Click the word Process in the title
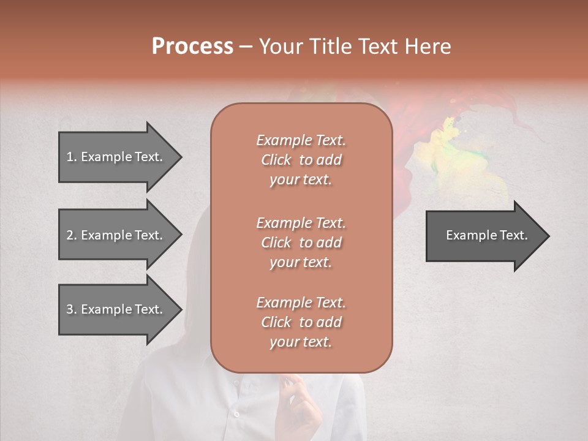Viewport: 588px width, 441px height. pyautogui.click(x=192, y=47)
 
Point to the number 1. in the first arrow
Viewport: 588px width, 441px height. pyautogui.click(x=71, y=157)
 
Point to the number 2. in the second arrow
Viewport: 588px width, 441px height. pyautogui.click(x=71, y=235)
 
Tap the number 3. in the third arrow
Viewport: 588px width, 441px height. pyautogui.click(x=71, y=309)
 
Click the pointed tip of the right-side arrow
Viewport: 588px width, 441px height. pyautogui.click(x=547, y=236)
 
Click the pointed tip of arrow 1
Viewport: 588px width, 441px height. pyautogui.click(x=179, y=157)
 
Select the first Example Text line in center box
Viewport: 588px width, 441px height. pyautogui.click(x=301, y=140)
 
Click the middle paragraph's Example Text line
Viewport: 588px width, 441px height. pyautogui.click(x=301, y=222)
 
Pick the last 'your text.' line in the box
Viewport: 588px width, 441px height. pyautogui.click(x=301, y=342)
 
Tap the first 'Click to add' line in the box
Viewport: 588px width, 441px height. pyautogui.click(x=301, y=160)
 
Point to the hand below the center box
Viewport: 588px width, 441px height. pyautogui.click(x=303, y=398)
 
